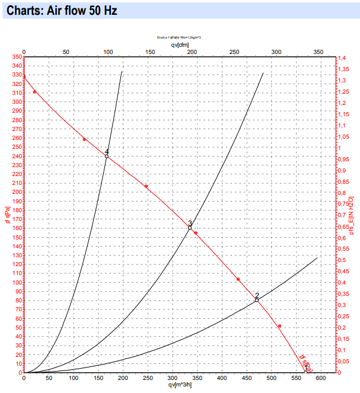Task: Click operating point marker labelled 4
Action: coord(107,156)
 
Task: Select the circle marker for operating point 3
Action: coord(190,228)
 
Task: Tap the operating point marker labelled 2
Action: coord(257,300)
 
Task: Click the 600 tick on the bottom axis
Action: coord(321,378)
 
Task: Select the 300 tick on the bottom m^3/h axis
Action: coord(172,378)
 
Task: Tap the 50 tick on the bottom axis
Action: coord(49,378)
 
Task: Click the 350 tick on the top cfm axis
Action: coord(318,52)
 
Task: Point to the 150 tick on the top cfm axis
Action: coord(150,52)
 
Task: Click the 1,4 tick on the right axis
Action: coord(342,57)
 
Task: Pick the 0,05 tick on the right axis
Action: coord(345,361)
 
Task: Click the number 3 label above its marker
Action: coord(190,222)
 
